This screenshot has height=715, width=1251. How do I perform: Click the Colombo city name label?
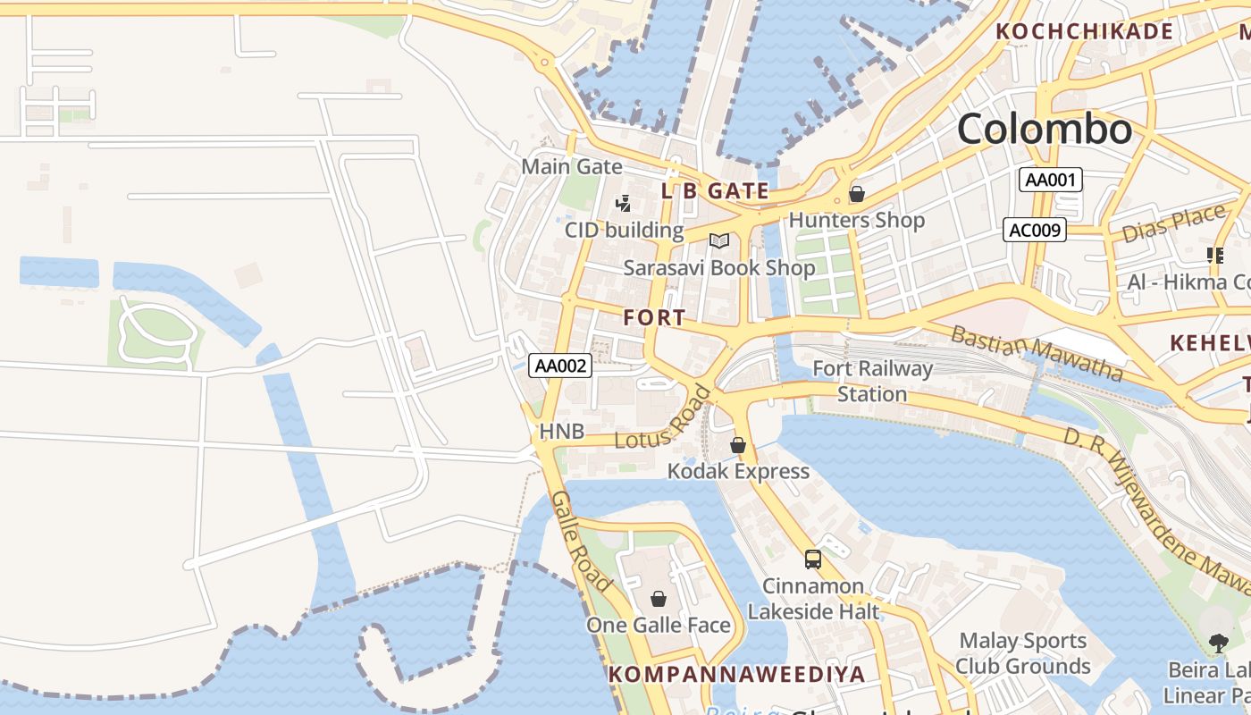point(1044,130)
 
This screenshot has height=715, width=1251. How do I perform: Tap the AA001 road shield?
point(1051,180)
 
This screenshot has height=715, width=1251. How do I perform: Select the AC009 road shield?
point(1035,230)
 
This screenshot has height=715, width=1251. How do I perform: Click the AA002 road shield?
point(561,365)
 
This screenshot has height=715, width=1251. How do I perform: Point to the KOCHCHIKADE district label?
point(1084,31)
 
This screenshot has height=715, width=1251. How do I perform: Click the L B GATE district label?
point(715,190)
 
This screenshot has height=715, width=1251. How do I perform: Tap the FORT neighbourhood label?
point(655,317)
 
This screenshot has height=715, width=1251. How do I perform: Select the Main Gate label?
point(572,166)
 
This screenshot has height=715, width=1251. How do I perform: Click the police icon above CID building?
point(624,204)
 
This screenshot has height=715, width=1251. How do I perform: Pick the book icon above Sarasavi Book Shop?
point(719,240)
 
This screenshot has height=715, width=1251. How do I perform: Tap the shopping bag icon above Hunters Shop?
point(856,193)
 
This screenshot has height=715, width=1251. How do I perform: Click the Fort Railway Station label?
point(872,381)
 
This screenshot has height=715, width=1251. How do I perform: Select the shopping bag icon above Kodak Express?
point(738,445)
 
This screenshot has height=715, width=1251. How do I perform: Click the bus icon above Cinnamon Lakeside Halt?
point(812,559)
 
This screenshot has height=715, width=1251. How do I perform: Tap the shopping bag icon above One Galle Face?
point(659,599)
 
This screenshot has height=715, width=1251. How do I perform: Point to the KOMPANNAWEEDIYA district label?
point(736,674)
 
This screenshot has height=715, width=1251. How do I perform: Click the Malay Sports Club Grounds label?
point(1022,653)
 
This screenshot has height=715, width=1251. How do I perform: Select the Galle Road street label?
point(581,542)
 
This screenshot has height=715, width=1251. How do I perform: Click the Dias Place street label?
point(1173,223)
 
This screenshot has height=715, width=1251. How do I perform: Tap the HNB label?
point(561,433)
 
